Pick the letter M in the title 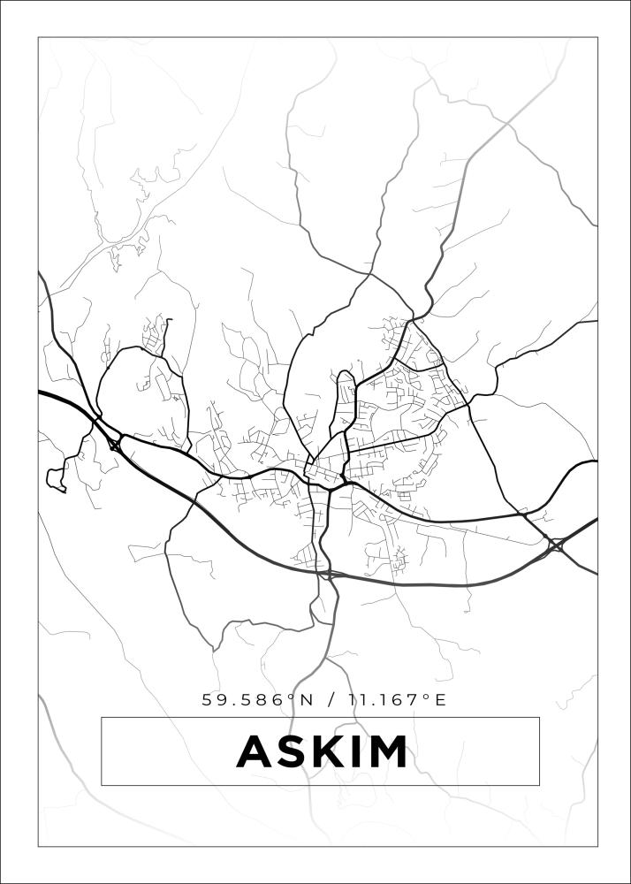click(386, 752)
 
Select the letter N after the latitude click(307, 700)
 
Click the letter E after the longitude click(440, 700)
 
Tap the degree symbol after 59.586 click(292, 697)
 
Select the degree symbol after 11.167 click(426, 697)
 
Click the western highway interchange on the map click(114, 441)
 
